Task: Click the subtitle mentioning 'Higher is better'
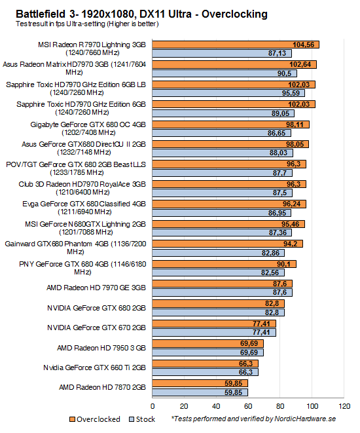[81, 24]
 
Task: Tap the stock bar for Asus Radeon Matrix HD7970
[216, 73]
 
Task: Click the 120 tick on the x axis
[344, 405]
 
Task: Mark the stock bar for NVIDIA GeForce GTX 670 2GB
[214, 333]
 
